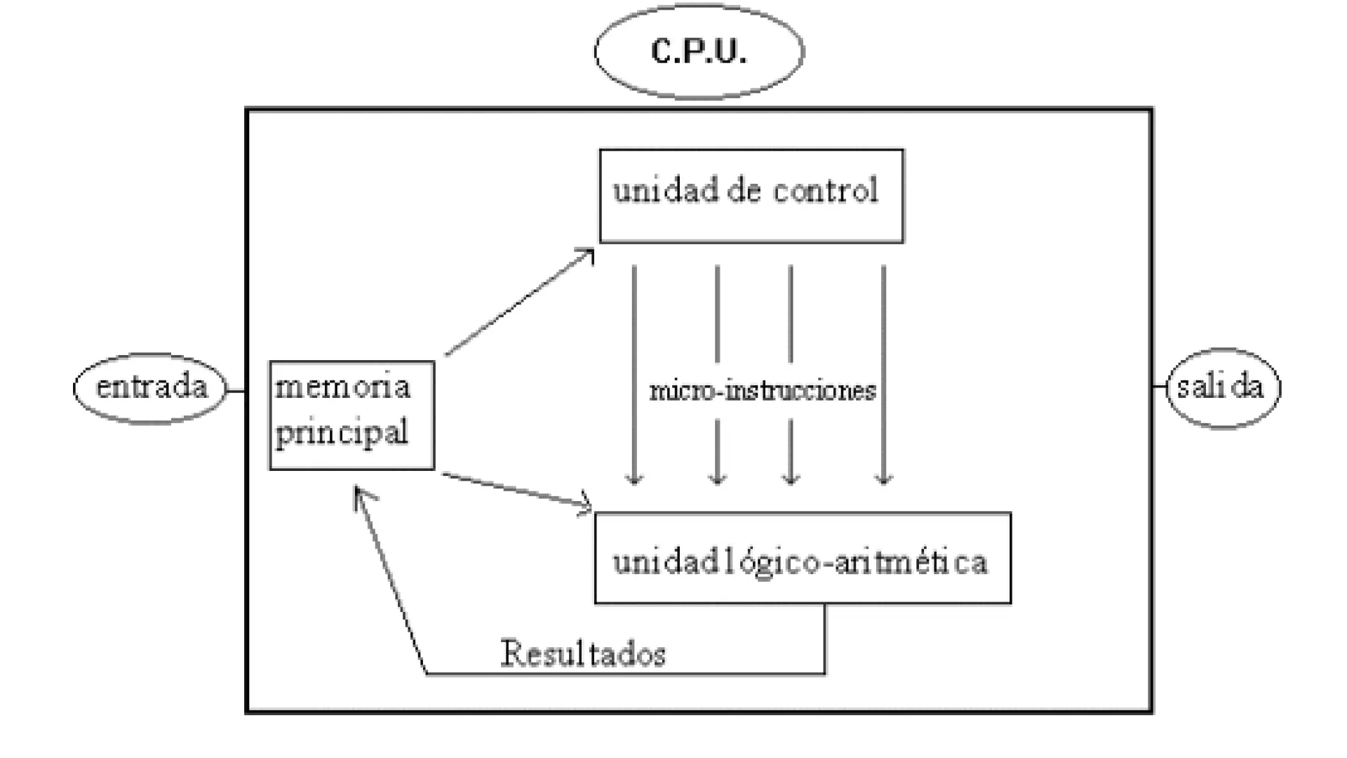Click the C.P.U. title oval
[699, 51]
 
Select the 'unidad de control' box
[751, 196]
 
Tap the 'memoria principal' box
[351, 415]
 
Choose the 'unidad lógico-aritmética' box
[803, 558]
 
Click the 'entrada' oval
[151, 388]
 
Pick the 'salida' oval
[1223, 387]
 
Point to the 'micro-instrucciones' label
[763, 391]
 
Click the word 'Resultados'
[583, 654]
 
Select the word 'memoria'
[342, 387]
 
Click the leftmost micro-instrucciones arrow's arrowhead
[634, 478]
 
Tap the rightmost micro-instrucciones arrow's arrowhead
[883, 478]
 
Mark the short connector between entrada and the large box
[236, 390]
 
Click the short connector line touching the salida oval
[1160, 387]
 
